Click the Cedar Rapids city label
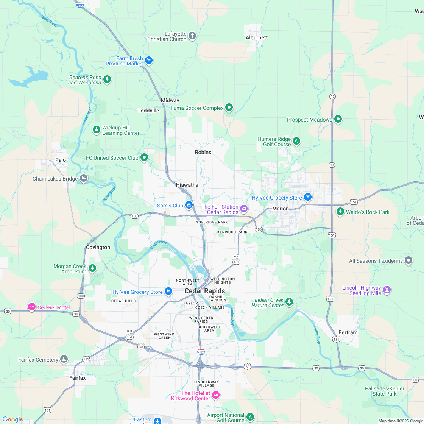click(x=204, y=291)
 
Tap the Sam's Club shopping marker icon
click(x=189, y=205)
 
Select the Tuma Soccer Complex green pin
click(x=229, y=108)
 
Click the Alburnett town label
click(x=257, y=37)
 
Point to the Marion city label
click(x=280, y=209)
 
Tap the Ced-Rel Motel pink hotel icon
click(x=32, y=307)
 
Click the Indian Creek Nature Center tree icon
click(x=289, y=302)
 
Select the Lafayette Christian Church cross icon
click(x=192, y=36)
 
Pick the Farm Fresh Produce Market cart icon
click(x=149, y=60)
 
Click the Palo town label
click(x=61, y=160)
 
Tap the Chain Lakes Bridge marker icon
click(x=84, y=178)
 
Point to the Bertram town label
click(x=348, y=332)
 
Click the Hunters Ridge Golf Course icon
click(x=296, y=141)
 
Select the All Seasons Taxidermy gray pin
click(x=408, y=260)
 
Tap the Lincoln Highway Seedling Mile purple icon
click(x=387, y=290)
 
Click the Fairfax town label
click(x=78, y=378)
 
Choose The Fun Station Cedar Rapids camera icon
click(x=244, y=209)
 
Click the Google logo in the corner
click(x=12, y=419)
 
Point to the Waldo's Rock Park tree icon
click(x=340, y=212)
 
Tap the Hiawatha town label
click(x=187, y=185)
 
